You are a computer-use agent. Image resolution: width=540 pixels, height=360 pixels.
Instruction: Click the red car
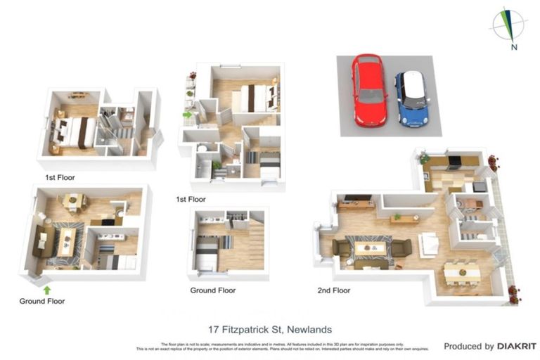click(x=369, y=89)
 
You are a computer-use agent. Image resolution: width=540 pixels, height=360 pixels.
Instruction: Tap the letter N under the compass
click(x=514, y=48)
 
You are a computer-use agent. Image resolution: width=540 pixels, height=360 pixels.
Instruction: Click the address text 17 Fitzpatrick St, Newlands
click(x=270, y=329)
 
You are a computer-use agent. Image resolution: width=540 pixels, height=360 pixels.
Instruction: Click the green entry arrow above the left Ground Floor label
click(x=47, y=289)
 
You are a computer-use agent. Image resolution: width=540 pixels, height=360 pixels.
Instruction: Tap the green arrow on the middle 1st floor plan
click(x=187, y=114)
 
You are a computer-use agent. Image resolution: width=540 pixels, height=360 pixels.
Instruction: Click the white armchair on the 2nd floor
click(x=429, y=245)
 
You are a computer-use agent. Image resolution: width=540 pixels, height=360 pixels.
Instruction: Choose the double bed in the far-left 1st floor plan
click(x=74, y=131)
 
